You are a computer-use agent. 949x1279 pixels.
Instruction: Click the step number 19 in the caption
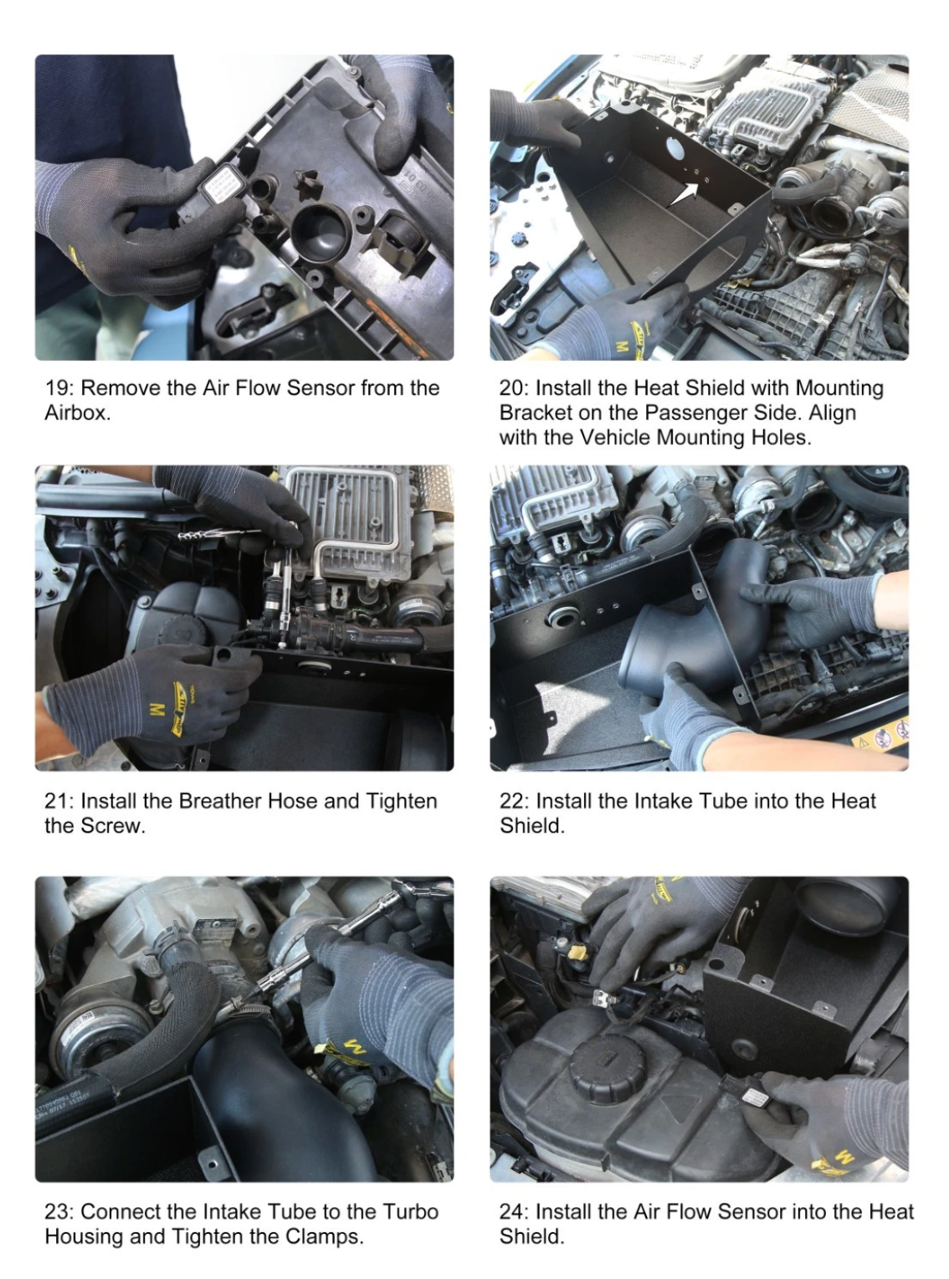58,388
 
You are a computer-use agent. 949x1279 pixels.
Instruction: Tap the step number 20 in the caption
512,388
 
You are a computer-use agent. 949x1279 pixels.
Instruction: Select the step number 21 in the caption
58,801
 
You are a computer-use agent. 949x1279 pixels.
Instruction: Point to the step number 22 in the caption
512,801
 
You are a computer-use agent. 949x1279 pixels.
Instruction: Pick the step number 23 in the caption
58,1211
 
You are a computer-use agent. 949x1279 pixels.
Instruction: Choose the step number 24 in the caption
512,1211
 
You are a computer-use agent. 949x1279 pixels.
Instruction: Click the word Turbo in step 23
411,1211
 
